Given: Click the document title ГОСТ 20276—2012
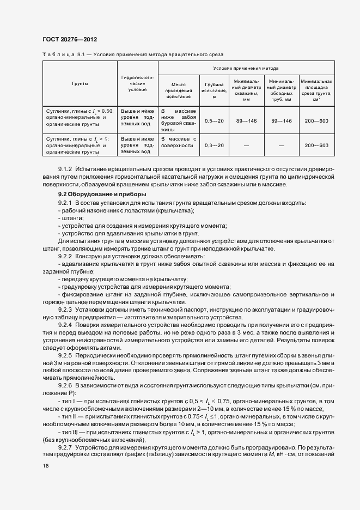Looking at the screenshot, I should pyautogui.click(x=69, y=39).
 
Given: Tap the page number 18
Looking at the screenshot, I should pyautogui.click(x=45, y=466).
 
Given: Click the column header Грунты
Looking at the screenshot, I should pyautogui.click(x=80, y=84).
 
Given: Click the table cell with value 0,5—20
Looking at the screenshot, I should pyautogui.click(x=213, y=120).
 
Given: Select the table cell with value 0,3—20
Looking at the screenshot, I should pyautogui.click(x=213, y=146).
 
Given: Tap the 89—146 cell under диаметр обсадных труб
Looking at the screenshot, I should pyautogui.click(x=281, y=120).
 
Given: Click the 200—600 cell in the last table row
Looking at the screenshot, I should pyautogui.click(x=316, y=146).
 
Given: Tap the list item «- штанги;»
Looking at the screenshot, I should pyautogui.click(x=70, y=217).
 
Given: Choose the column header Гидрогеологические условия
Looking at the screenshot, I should pyautogui.click(x=137, y=84).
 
